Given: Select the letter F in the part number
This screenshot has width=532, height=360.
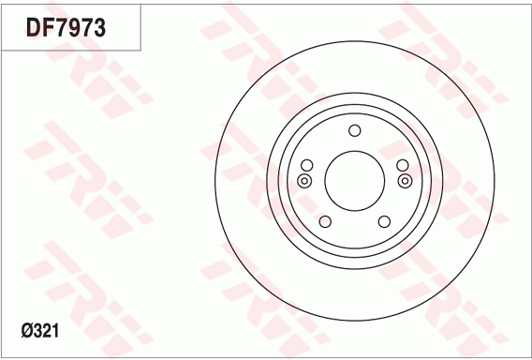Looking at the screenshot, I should [47, 27].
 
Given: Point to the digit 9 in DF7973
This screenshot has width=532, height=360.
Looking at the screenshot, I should [73, 27].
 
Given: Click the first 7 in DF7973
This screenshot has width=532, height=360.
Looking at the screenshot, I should [60, 27].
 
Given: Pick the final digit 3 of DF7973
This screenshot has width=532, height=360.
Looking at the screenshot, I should [99, 27].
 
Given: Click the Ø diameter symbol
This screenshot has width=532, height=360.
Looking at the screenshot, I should [27, 330].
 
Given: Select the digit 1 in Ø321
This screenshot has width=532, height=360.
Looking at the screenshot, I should [58, 330].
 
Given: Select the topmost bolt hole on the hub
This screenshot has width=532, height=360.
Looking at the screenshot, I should [354, 130].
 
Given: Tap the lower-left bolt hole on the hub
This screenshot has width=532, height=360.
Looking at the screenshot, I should [325, 222].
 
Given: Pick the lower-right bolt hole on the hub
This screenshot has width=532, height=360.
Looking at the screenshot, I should [384, 222].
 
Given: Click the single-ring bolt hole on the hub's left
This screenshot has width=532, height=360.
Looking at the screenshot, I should [305, 166].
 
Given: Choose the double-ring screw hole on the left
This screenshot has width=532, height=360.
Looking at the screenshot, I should [304, 181].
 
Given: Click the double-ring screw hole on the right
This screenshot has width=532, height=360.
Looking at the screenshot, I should [405, 181].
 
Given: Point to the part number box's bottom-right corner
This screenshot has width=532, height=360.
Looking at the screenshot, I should [140, 50].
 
